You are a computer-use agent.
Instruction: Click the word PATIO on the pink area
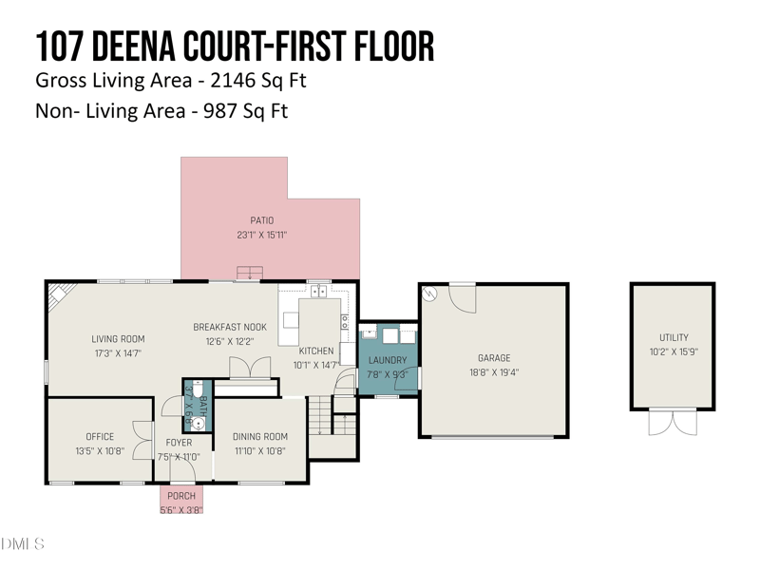[x=262, y=221]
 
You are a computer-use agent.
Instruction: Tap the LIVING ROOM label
[x=118, y=339]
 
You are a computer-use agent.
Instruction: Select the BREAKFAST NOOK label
[x=230, y=327]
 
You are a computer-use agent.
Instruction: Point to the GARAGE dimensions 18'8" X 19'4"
[x=494, y=372]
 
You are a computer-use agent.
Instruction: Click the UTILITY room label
[x=674, y=337]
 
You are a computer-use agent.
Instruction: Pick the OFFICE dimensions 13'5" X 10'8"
[x=100, y=450]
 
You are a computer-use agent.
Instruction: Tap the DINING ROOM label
[x=259, y=437]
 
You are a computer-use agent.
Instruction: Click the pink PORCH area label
[x=181, y=496]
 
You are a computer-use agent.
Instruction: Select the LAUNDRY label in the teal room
[x=388, y=360]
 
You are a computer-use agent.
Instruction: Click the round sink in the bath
[x=199, y=424]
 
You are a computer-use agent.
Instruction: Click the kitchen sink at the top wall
[x=318, y=291]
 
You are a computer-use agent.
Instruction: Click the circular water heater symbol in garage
[x=430, y=294]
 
